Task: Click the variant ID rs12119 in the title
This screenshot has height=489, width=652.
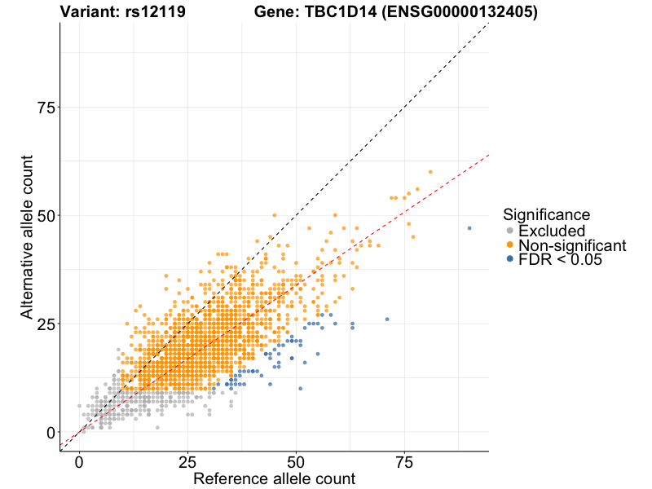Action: pos(156,11)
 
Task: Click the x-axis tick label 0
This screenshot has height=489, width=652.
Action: pos(79,462)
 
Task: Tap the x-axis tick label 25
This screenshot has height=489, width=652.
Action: pos(187,462)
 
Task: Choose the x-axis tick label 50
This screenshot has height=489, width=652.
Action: pos(296,462)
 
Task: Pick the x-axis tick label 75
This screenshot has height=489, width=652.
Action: pos(404,462)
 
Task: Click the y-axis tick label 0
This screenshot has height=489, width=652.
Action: pos(51,432)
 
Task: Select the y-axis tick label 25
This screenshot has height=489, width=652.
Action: pos(46,324)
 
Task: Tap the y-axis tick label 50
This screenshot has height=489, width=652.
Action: pos(46,215)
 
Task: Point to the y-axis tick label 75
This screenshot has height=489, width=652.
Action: pos(46,108)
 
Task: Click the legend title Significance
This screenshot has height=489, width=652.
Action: pos(546,215)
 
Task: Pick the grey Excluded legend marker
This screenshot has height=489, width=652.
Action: pos(510,231)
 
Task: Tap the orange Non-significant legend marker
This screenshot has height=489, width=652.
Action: pos(510,245)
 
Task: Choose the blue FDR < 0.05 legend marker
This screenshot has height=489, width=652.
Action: pos(510,259)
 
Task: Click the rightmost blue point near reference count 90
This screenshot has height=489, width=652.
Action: pos(469,228)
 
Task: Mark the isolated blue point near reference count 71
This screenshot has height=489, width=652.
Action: pos(387,319)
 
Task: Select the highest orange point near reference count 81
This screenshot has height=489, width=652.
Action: pos(430,172)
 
